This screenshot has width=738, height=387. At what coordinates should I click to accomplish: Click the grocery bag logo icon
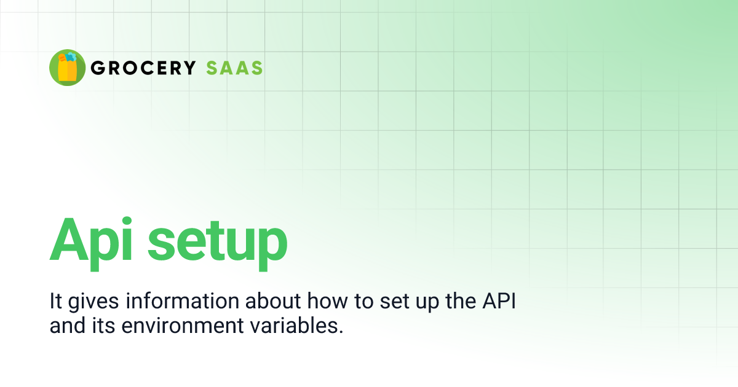[67, 68]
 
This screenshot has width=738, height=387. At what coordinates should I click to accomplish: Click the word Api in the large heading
[92, 240]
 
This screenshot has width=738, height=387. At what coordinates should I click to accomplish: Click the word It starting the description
[55, 302]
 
